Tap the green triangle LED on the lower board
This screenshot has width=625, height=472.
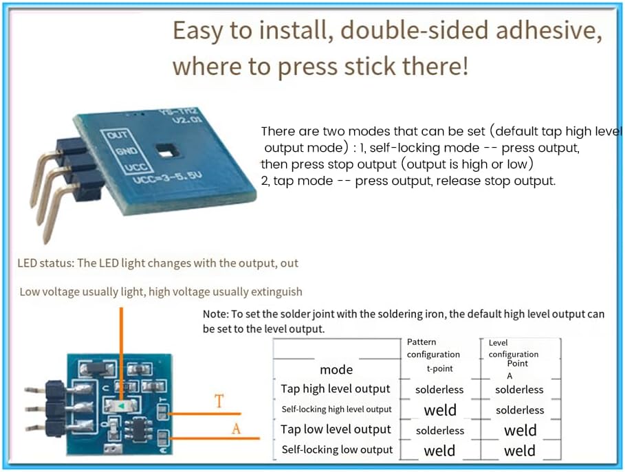point(121,407)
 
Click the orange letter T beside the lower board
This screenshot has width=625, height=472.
point(219,401)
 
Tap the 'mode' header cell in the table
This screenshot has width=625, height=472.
point(336,370)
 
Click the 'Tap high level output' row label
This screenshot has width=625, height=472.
point(336,389)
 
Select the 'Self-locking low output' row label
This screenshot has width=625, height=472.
point(337,450)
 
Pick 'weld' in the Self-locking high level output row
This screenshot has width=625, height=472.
point(440,410)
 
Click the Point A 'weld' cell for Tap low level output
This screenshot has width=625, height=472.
point(520,431)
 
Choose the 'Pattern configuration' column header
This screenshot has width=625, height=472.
point(433,348)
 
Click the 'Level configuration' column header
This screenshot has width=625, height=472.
point(513,348)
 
